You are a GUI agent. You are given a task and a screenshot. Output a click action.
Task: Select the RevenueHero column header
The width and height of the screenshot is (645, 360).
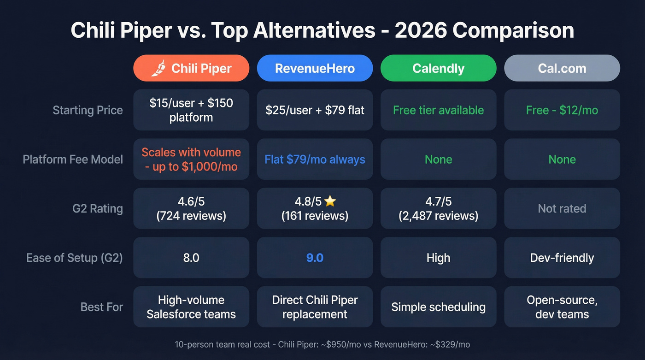pos(315,68)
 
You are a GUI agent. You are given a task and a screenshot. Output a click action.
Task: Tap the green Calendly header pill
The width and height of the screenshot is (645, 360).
pos(438,68)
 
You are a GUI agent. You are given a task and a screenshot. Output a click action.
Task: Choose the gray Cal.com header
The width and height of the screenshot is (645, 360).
pos(562,68)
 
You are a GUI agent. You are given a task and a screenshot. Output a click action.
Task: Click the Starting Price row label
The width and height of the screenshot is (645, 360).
pos(88,110)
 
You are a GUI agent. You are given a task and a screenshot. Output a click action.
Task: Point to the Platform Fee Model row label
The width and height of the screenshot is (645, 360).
pos(73,159)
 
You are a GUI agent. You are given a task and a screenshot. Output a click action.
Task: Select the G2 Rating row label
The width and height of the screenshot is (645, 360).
pos(98,208)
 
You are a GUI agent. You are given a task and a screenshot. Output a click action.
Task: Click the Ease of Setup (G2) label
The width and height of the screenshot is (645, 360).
pos(75,258)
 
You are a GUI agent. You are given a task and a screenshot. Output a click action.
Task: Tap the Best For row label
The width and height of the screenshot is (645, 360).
pos(102,307)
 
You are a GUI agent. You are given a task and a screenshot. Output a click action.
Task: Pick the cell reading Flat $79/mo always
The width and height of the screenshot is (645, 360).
pos(315,159)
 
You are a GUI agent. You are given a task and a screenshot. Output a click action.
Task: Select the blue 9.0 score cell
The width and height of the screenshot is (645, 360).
pos(315,258)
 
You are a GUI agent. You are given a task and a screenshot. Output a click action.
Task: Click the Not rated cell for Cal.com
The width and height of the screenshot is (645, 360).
pos(562,208)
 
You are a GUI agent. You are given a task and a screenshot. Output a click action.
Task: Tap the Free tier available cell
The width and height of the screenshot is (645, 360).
pos(438,110)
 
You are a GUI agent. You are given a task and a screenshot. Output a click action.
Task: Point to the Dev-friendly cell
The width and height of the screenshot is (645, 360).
pos(562,258)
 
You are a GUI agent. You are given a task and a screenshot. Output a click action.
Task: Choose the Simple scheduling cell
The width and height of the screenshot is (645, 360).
pos(438,307)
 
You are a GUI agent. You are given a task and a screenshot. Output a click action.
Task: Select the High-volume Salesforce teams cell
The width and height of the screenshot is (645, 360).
pos(191,307)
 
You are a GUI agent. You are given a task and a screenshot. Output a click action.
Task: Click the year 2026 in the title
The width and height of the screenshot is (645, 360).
pos(421,30)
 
